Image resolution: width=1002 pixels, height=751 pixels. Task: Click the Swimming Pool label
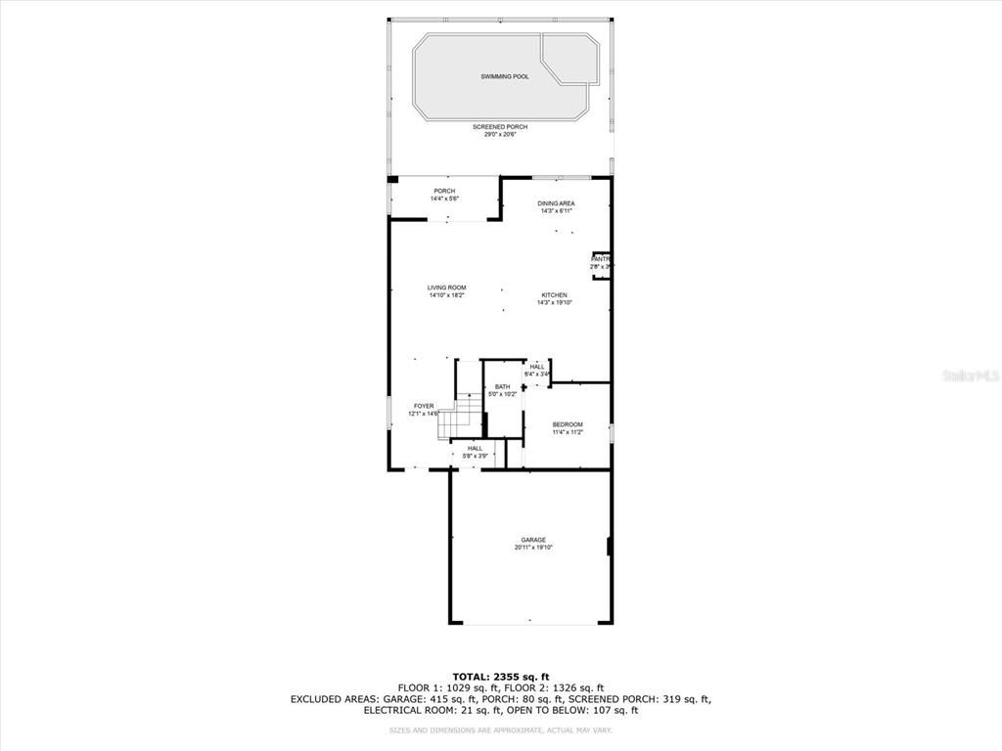tap(504, 76)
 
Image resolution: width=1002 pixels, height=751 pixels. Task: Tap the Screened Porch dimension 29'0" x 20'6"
tap(499, 135)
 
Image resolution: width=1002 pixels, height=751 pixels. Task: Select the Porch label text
tap(444, 191)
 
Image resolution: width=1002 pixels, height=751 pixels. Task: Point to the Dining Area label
tap(556, 203)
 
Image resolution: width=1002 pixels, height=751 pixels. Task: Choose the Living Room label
tap(446, 287)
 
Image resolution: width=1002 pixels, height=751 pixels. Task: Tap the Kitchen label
tap(555, 295)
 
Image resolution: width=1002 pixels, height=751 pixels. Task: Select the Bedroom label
tap(568, 424)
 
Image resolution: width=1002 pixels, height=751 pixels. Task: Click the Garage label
tap(533, 540)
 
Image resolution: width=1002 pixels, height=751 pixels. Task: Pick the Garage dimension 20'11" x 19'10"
tap(533, 548)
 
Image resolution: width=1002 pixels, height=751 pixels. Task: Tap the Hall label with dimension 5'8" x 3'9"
tap(475, 448)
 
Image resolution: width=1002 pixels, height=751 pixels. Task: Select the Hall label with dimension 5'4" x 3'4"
tap(537, 367)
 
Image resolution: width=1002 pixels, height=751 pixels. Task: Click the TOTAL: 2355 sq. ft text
tap(500, 677)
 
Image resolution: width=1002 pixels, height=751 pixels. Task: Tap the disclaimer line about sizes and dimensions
tap(500, 730)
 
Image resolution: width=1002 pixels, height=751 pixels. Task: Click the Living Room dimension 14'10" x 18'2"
tap(446, 295)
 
